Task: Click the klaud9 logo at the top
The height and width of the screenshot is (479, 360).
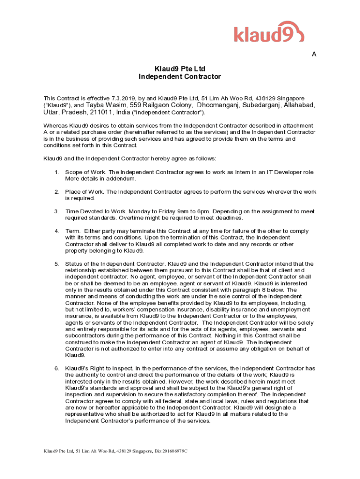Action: pyautogui.click(x=269, y=33)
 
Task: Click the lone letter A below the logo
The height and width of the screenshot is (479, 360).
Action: pyautogui.click(x=314, y=54)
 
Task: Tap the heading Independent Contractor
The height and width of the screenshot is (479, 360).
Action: pyautogui.click(x=180, y=77)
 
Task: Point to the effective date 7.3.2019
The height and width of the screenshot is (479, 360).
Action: pyautogui.click(x=123, y=98)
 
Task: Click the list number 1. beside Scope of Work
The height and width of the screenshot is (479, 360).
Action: pyautogui.click(x=56, y=173)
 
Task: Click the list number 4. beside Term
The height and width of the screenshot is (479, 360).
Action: pyautogui.click(x=56, y=231)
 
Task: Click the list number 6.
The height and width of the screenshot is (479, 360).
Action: pyautogui.click(x=56, y=369)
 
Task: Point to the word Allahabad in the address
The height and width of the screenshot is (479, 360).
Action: pyautogui.click(x=300, y=105)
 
